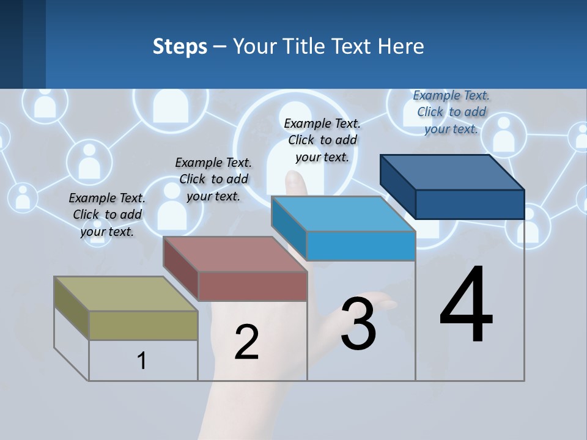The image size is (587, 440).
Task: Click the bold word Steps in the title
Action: pyautogui.click(x=180, y=46)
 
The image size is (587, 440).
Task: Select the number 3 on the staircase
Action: pyautogui.click(x=358, y=324)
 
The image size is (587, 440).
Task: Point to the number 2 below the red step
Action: pyautogui.click(x=246, y=342)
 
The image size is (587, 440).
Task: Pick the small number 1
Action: pyautogui.click(x=141, y=361)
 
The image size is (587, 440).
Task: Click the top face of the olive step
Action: pyautogui.click(x=125, y=293)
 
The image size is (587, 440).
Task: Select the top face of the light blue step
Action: pyautogui.click(x=342, y=214)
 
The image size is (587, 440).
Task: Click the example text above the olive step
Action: pyautogui.click(x=107, y=215)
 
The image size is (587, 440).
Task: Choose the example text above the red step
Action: pyautogui.click(x=213, y=179)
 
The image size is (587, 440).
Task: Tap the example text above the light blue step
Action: pyautogui.click(x=322, y=140)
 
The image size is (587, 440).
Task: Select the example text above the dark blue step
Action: pyautogui.click(x=451, y=112)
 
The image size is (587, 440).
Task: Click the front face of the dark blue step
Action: pyautogui.click(x=470, y=204)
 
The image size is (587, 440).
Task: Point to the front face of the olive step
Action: pyautogui.click(x=143, y=325)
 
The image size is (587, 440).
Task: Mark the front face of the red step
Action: pyautogui.click(x=253, y=286)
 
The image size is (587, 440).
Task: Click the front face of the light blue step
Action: pyautogui.click(x=361, y=246)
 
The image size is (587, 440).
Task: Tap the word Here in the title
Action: pyautogui.click(x=401, y=46)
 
